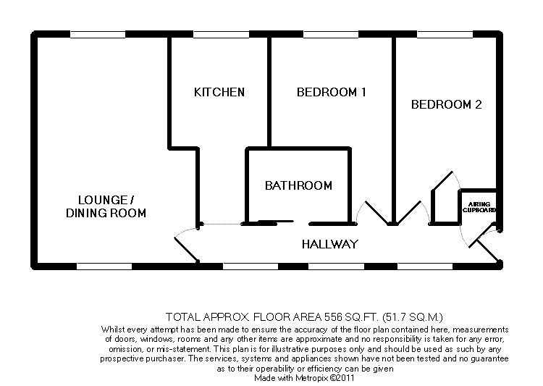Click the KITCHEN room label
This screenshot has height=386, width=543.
pyautogui.click(x=219, y=92)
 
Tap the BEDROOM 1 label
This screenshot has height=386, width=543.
pyautogui.click(x=332, y=92)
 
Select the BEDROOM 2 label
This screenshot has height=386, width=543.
pyautogui.click(x=446, y=104)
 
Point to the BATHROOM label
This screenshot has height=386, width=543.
pyautogui.click(x=298, y=185)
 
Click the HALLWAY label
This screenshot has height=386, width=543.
pyautogui.click(x=330, y=244)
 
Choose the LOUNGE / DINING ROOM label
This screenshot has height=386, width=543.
pyautogui.click(x=106, y=206)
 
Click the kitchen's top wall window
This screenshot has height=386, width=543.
pyautogui.click(x=220, y=34)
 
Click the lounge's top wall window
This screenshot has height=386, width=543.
pyautogui.click(x=97, y=34)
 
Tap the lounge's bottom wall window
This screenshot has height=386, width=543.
pyautogui.click(x=104, y=267)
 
